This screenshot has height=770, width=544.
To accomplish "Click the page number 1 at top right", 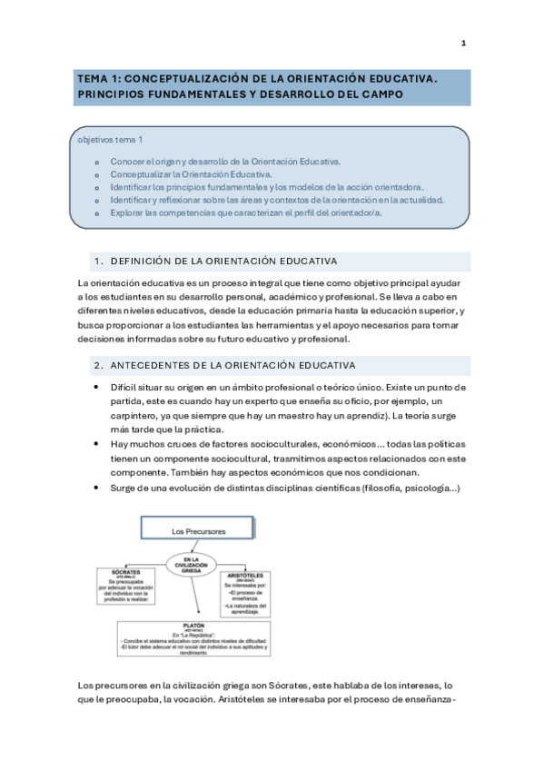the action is pyautogui.click(x=463, y=44).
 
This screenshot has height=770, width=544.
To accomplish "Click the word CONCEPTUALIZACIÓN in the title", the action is pyautogui.click(x=179, y=79).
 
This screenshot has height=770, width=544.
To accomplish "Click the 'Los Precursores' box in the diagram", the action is pyautogui.click(x=198, y=530).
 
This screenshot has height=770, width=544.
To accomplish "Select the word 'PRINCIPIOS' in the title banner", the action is pyautogui.click(x=114, y=94).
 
